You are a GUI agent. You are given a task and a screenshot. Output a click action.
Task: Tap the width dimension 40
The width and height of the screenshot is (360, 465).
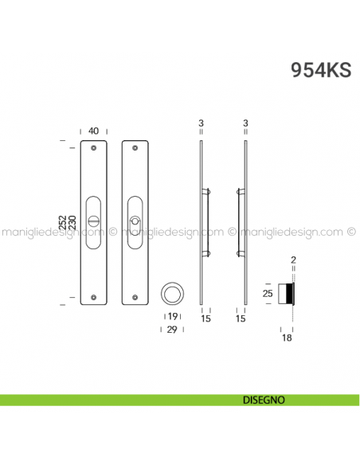tap(94, 131)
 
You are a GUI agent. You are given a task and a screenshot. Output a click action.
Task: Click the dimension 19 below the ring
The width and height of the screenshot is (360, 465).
tap(172, 317)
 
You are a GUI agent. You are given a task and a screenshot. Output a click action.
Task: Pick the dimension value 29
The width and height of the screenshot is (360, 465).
tap(172, 328)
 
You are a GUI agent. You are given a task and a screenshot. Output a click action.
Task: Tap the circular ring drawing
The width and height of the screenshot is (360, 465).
tap(172, 293)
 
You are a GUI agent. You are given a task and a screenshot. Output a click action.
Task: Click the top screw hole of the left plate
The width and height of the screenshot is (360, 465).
tap(94, 148)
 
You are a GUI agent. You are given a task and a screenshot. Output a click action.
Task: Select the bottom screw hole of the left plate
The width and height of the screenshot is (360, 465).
tap(94, 298)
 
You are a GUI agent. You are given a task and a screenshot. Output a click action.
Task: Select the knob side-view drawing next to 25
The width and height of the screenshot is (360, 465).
tap(288, 295)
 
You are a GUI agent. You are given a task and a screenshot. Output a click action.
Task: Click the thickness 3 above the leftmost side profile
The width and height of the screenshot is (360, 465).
tap(202, 123)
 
